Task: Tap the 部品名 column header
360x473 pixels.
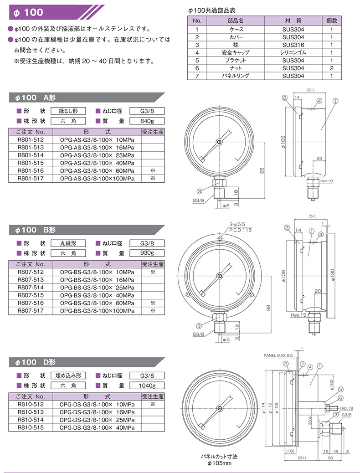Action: (236, 21)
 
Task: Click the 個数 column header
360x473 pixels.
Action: (331, 21)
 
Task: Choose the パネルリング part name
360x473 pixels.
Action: (236, 76)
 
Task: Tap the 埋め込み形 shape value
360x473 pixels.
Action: (68, 375)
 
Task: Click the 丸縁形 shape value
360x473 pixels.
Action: (68, 243)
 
